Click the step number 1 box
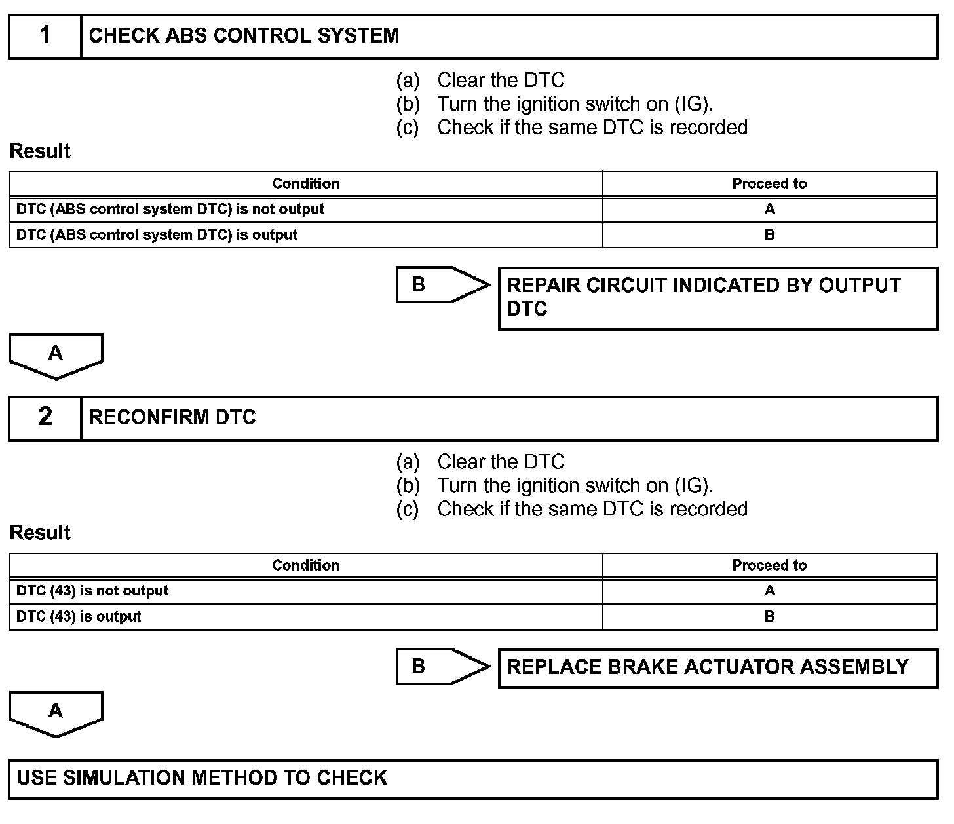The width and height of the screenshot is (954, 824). coord(45,36)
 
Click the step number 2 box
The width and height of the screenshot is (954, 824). coord(45,417)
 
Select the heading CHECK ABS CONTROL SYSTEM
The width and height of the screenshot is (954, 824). coord(244,36)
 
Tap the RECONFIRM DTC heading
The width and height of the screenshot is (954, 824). coord(172,417)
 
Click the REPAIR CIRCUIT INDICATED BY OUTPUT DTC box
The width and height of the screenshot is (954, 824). coord(717,297)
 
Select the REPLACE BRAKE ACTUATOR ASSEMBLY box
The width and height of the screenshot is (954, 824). coord(717,667)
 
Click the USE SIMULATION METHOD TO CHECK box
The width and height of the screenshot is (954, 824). coord(473,778)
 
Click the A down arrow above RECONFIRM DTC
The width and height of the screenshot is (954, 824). coord(56,354)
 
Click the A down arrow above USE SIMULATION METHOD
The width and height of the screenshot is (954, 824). coord(56,712)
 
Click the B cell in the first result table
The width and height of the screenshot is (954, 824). coord(769,235)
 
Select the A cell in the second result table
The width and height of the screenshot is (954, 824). coord(769,591)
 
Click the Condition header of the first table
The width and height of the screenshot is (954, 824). coord(305,184)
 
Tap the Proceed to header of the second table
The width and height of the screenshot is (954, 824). coord(769,566)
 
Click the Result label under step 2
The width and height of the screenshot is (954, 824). coord(40,533)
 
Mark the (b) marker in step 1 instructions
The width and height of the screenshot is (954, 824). coord(408,104)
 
